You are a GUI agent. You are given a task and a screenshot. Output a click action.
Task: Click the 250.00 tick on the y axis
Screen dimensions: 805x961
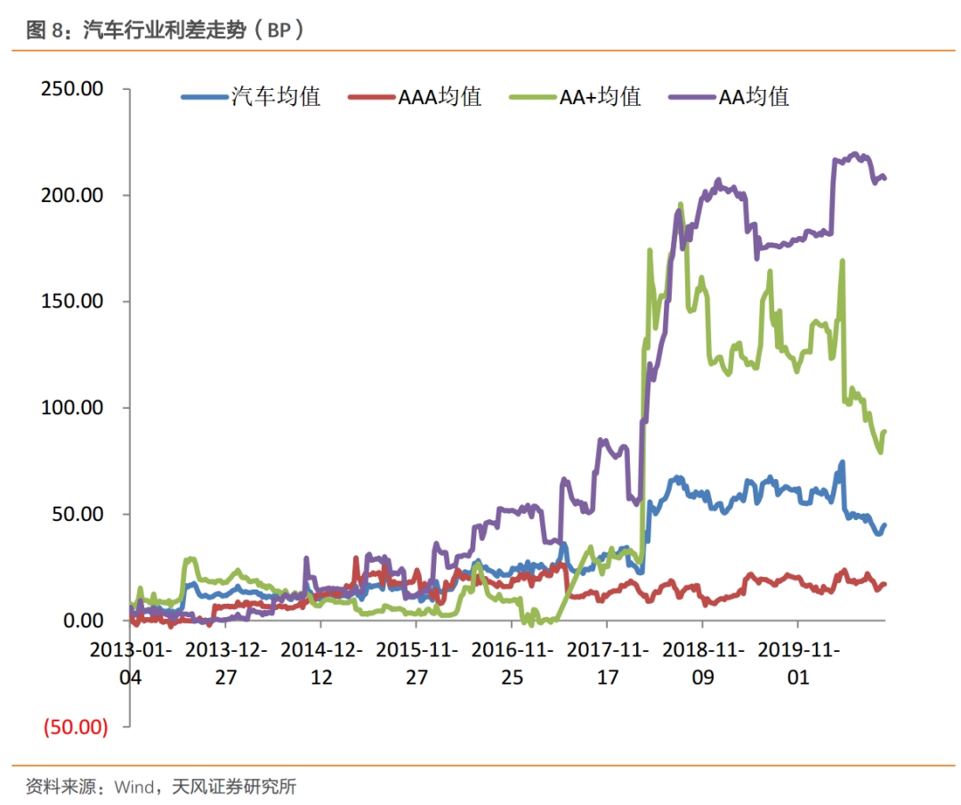click(71, 89)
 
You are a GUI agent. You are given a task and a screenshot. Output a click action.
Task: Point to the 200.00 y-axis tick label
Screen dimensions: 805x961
click(71, 195)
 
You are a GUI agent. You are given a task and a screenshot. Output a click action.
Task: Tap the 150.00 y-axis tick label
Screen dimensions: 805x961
click(71, 301)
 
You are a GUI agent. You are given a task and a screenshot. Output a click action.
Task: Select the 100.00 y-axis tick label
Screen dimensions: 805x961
click(71, 408)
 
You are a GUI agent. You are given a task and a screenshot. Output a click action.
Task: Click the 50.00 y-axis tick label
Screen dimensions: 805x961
click(77, 514)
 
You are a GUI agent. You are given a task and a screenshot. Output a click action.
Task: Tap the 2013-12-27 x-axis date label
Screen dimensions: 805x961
click(226, 663)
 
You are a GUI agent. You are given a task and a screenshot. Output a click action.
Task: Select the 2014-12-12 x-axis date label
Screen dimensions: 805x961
click(321, 663)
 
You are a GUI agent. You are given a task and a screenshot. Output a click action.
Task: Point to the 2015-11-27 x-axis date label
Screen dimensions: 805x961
click(416, 663)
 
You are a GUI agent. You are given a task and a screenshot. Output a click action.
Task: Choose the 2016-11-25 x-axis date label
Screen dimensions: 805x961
click(513, 663)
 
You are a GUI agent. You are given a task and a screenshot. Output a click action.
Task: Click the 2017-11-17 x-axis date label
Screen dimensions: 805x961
click(608, 663)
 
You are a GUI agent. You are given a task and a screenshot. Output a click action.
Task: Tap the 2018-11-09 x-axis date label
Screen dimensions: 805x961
click(703, 663)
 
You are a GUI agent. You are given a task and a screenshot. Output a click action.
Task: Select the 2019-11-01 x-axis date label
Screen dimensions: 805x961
click(798, 663)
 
